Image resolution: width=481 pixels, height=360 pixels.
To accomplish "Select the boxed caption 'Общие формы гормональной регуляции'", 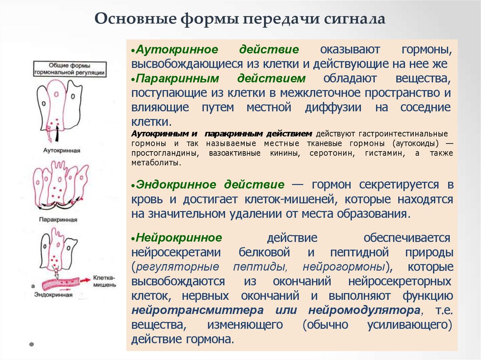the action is pyautogui.click(x=70, y=69).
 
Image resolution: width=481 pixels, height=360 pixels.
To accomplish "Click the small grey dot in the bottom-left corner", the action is pyautogui.click(x=31, y=344).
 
